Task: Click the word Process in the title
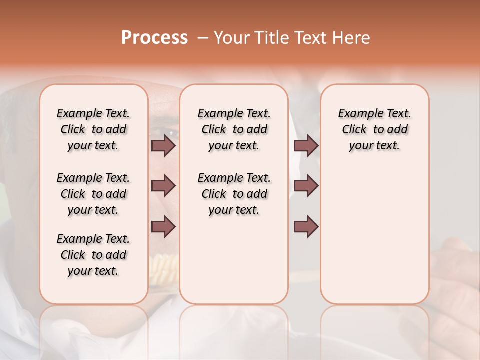tap(154, 38)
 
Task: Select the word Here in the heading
tap(352, 38)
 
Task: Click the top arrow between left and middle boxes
tap(163, 145)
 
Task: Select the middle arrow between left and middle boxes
tap(163, 186)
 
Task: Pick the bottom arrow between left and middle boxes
tap(163, 227)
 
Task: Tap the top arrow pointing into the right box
tap(306, 145)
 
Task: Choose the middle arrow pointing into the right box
tap(306, 186)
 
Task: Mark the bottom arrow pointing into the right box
tap(306, 227)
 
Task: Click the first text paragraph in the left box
tap(93, 129)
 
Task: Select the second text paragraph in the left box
tap(93, 194)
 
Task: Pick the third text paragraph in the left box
tap(93, 255)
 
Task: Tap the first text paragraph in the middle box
tap(234, 129)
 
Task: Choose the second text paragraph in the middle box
tap(234, 194)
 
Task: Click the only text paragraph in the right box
tap(374, 129)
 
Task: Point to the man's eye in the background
tap(171, 133)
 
